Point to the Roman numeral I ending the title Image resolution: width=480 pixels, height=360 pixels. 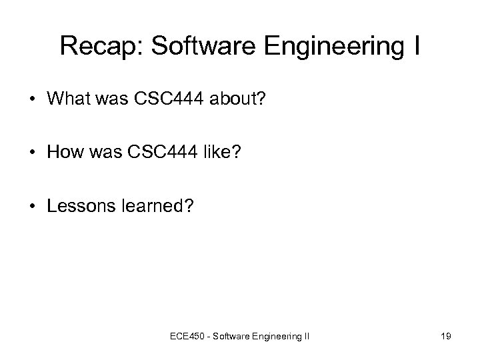click(415, 46)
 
